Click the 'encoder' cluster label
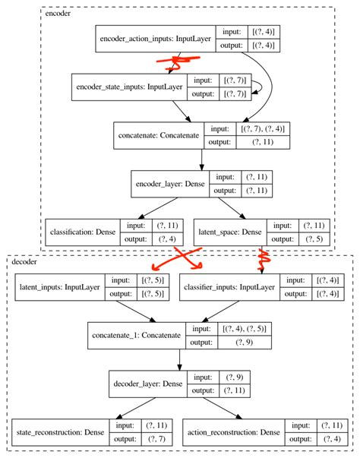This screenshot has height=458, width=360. click(60, 14)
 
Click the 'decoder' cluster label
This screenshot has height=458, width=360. click(28, 262)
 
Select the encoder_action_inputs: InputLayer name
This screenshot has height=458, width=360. click(155, 39)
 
